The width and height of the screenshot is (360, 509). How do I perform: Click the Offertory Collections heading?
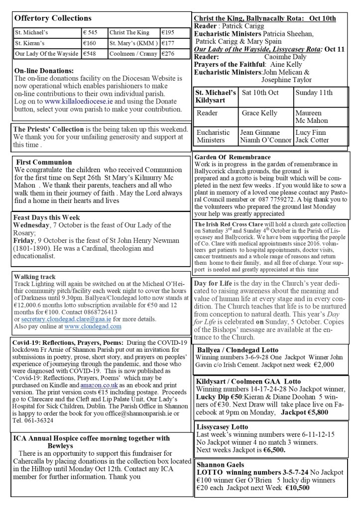click(53, 18)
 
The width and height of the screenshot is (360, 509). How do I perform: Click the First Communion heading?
click(44, 162)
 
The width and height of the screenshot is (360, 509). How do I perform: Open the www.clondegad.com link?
click(93, 326)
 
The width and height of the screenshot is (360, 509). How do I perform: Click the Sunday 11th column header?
click(314, 93)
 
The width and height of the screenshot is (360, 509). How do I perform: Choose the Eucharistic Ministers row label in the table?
click(213, 136)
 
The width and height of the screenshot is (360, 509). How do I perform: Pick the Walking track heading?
click(35, 277)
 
